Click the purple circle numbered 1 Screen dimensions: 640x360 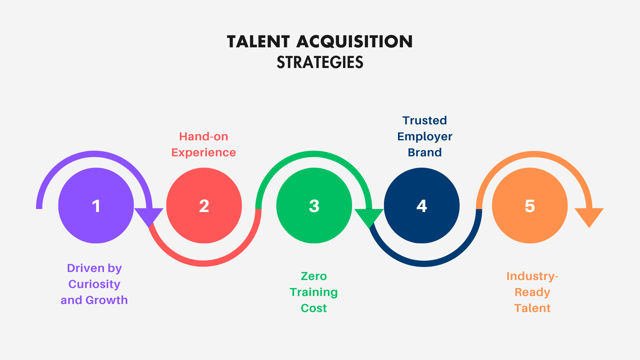(96, 205)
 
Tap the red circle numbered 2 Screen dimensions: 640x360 (204, 205)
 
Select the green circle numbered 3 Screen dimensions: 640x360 (314, 205)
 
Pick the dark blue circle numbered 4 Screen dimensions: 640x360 (422, 205)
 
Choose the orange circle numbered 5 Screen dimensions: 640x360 (530, 205)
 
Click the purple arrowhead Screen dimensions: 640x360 (149, 216)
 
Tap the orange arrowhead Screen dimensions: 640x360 (589, 216)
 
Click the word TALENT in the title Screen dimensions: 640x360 (258, 42)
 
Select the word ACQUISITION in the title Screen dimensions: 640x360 (354, 42)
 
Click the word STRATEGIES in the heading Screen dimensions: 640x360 (320, 62)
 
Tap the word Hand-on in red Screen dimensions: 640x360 (204, 136)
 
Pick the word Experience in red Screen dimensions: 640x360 (204, 152)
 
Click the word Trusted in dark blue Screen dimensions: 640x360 (425, 120)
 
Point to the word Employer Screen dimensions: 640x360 (425, 137)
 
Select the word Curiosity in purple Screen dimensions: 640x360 (94, 284)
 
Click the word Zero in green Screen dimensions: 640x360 (314, 276)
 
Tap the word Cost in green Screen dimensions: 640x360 (314, 308)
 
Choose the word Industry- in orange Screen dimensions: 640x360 (532, 276)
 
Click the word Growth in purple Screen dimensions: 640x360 (107, 300)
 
